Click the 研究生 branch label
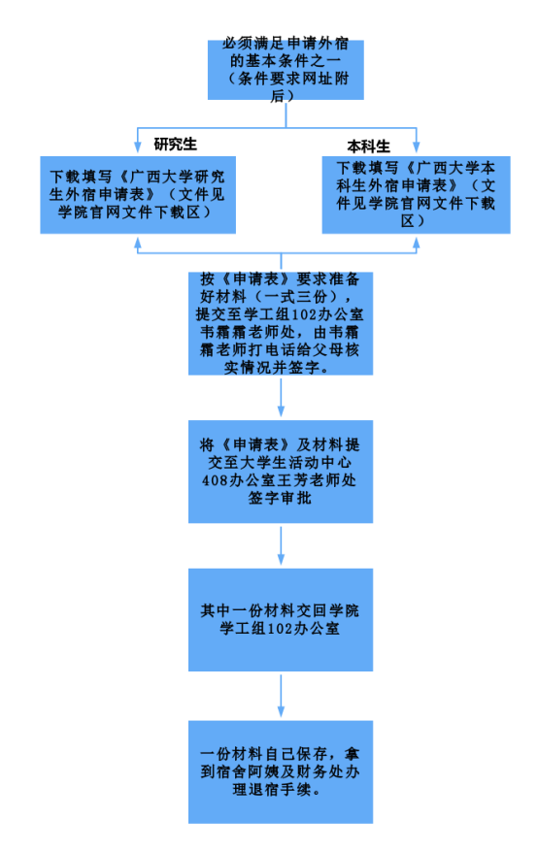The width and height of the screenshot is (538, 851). tap(175, 144)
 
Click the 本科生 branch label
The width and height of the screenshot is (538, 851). tap(369, 147)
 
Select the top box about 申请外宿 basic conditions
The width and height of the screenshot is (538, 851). tap(286, 70)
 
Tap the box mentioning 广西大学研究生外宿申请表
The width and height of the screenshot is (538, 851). tap(138, 195)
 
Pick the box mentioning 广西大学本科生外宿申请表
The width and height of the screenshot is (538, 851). tap(416, 195)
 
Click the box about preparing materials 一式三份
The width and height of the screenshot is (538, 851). tap(281, 323)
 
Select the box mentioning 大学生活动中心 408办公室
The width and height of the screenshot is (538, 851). tap(281, 472)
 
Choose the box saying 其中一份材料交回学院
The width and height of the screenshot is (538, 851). tap(281, 620)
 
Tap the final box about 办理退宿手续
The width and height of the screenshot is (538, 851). tap(281, 771)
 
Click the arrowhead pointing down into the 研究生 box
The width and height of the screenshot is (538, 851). tap(138, 147)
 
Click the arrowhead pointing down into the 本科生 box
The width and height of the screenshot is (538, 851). tap(417, 146)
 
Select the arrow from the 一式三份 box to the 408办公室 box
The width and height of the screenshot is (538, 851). tap(281, 398)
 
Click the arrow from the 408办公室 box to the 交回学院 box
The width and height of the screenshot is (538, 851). tap(281, 546)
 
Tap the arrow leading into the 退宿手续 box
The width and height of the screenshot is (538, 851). tap(281, 696)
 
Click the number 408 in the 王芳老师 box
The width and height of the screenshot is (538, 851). tap(213, 480)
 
